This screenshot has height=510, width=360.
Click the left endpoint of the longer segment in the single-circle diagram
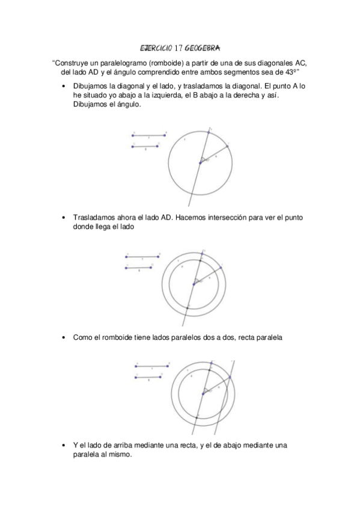[133, 135]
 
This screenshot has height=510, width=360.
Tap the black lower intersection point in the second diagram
[188, 307]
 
